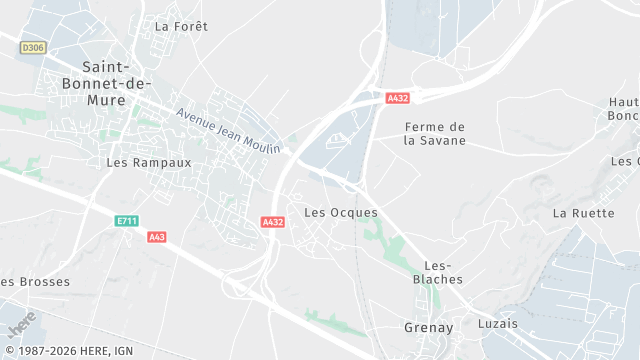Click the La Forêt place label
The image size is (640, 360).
[182, 26]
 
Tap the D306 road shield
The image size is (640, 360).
[33, 47]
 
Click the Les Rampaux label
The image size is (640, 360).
[148, 161]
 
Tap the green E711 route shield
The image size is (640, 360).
[125, 220]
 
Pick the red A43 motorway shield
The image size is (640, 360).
[156, 237]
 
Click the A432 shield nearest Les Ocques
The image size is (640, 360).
[272, 222]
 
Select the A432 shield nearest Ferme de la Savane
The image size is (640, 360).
[398, 98]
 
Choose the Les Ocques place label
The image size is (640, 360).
[340, 212]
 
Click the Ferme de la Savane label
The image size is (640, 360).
[435, 133]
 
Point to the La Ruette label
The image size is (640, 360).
[583, 213]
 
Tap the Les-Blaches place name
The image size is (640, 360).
[438, 272]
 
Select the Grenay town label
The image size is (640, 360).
[428, 327]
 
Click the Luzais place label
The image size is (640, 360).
[499, 324]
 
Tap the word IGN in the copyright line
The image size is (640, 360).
[122, 352]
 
